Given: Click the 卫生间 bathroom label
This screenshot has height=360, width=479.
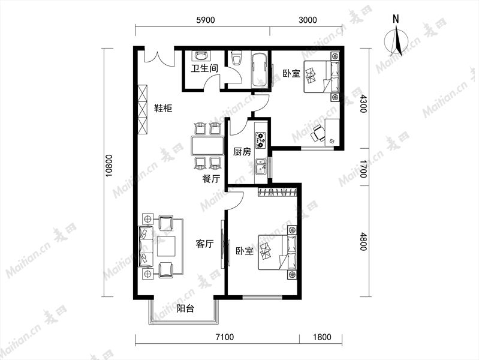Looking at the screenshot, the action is pos(204,68).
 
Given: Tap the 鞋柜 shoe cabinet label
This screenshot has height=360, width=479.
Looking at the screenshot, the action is pos(163,108).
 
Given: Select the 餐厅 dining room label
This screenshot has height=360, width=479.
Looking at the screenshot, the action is pos(211,179).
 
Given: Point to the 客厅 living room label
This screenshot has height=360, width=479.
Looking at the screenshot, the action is pos(204,244).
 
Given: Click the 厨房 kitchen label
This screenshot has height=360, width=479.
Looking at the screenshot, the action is pos(242,151).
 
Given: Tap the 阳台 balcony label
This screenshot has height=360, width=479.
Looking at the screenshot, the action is pos(185,308).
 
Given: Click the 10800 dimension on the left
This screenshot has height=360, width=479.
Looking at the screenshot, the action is pos(109,166).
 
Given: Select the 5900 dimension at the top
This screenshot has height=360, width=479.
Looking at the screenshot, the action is pos(205,20).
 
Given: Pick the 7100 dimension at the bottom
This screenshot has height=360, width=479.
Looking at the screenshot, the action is pos(225,337).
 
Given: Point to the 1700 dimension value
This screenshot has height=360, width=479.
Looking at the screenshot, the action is pos(363,168).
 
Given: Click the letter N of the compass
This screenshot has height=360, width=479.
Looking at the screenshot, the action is pos(396,19).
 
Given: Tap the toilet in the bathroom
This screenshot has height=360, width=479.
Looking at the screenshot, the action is pos(236,58).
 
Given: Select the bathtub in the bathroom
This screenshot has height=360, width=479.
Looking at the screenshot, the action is pos(260,70).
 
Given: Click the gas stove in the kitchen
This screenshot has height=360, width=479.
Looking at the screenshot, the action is pos(261,140).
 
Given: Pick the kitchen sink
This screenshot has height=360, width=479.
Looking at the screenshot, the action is pos(261,167).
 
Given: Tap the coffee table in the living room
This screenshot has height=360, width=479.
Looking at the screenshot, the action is pos(167,246).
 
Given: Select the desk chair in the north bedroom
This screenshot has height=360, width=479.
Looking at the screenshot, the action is pos(318,134).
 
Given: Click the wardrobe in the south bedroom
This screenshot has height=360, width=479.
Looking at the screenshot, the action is pos(277,192).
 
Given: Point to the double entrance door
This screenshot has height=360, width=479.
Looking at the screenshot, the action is pos(159,58).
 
